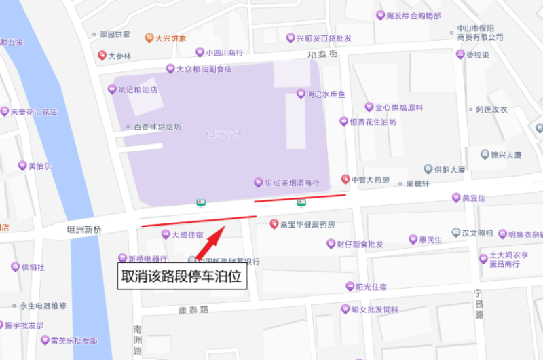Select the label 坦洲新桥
pos(84,230)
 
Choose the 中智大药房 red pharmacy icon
pos(345,179)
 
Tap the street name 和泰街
pos(322,54)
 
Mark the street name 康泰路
pos(193,310)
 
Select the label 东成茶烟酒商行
pos(292,183)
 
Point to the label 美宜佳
pos(473,198)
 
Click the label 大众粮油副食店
pos(204,69)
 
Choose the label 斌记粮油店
pos(138,89)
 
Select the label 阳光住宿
pos(371,287)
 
